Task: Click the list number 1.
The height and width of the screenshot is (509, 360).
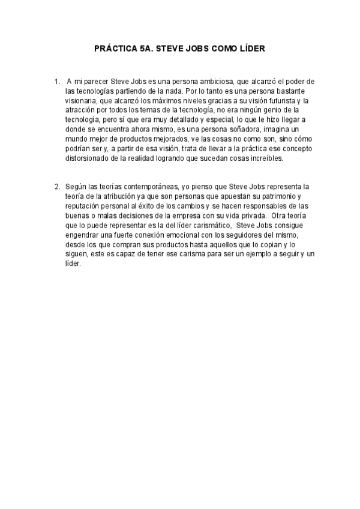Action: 56,80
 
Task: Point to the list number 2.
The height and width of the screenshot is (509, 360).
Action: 56,187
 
